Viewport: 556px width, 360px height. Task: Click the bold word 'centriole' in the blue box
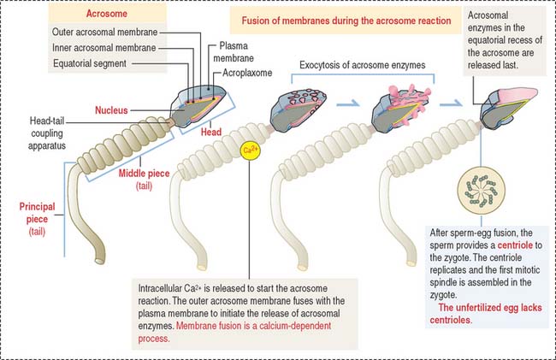click(520, 244)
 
